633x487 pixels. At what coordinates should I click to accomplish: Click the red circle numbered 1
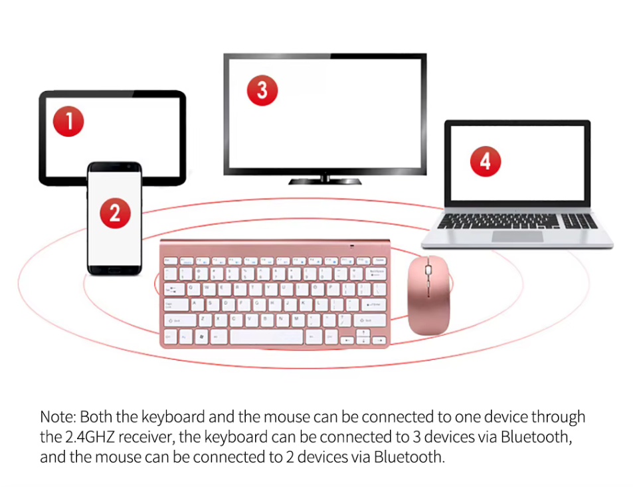coord(68,122)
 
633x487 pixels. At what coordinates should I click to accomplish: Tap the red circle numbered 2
coord(115,213)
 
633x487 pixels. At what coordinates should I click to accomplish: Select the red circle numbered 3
coord(262,90)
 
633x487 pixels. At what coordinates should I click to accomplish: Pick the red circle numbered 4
coord(485,161)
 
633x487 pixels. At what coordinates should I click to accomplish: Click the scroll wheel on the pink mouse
coord(428,272)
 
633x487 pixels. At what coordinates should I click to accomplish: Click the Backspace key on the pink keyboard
coord(374,274)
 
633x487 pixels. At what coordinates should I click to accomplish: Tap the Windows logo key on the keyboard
coord(201,336)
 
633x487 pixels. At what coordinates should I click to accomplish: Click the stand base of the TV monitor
coord(325,180)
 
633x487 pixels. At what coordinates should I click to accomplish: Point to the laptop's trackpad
coord(517,236)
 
